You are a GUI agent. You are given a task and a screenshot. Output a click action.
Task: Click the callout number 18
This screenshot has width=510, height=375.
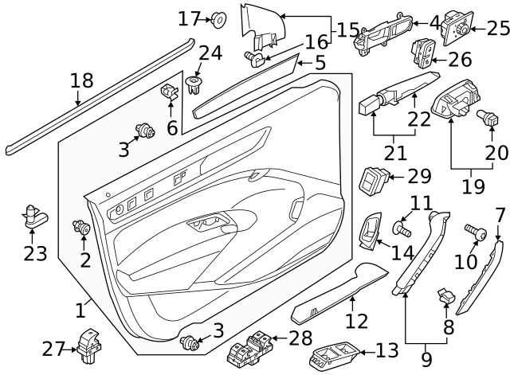tap(81, 80)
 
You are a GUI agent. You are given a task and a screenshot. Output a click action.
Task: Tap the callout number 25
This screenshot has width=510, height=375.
tap(497, 29)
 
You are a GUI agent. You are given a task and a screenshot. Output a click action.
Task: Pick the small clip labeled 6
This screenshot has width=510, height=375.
tap(168, 93)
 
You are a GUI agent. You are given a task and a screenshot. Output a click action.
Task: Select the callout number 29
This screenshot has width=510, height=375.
tap(418, 176)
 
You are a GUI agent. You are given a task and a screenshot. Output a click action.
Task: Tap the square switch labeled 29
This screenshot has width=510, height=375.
tap(375, 180)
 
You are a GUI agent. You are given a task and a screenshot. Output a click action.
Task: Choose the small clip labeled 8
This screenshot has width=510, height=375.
tap(445, 297)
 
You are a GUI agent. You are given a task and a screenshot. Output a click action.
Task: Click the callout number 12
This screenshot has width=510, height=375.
tap(356, 321)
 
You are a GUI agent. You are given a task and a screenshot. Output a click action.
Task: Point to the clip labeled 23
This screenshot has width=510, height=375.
tap(33, 214)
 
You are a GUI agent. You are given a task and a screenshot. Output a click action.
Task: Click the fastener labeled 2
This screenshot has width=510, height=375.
tap(82, 229)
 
